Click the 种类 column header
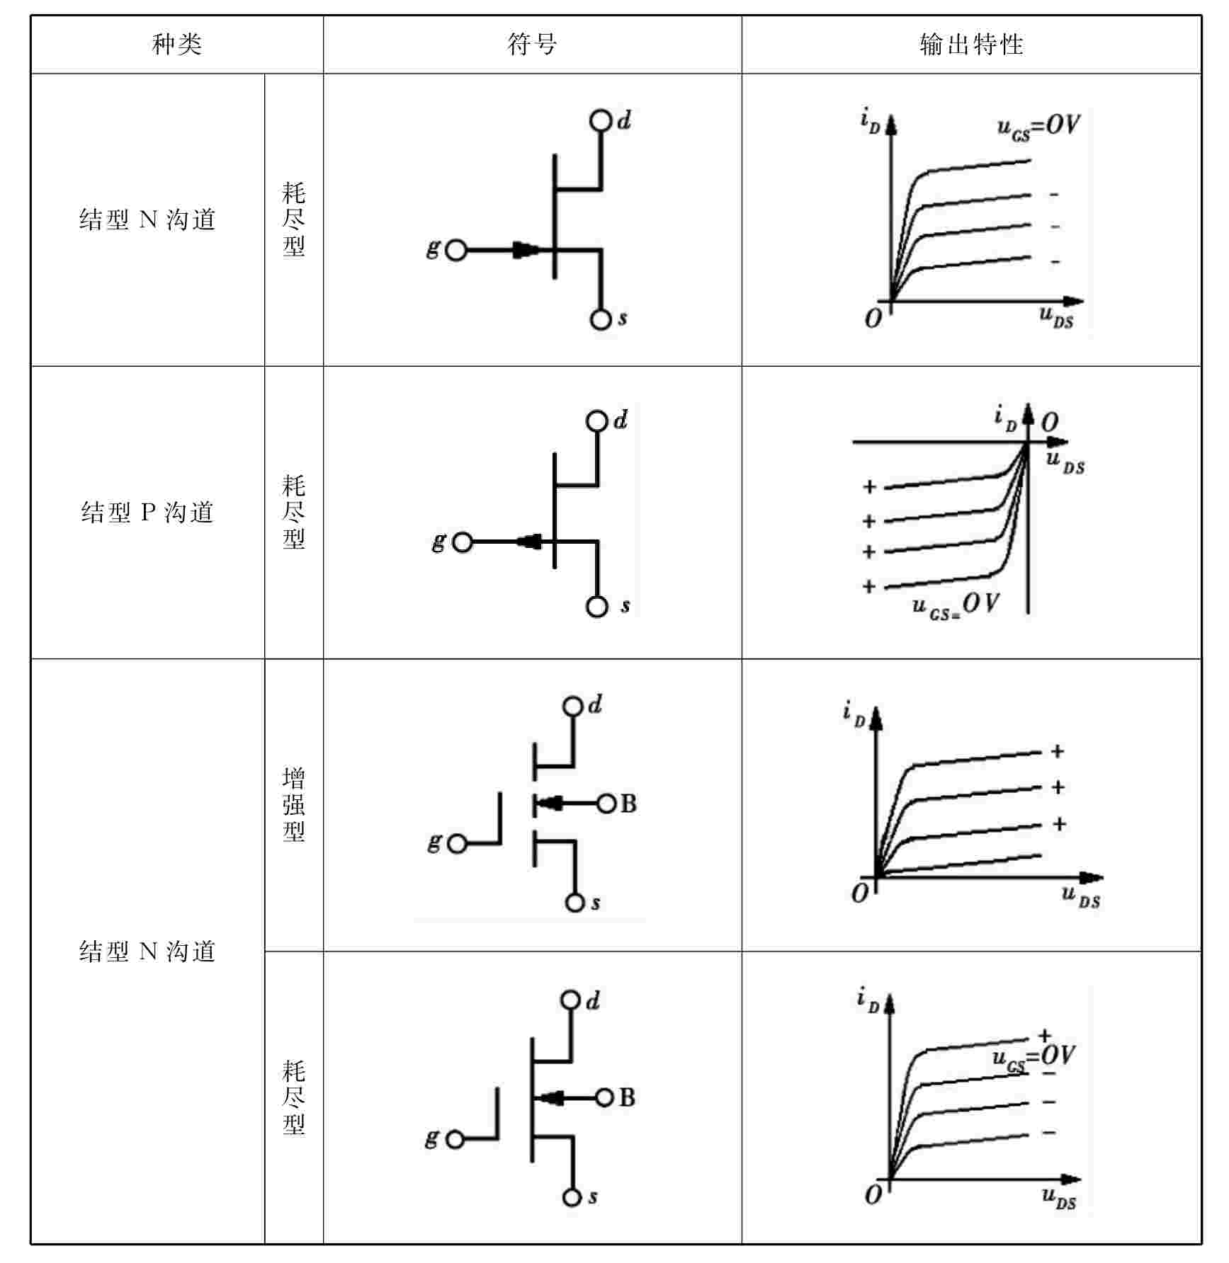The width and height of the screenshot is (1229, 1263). [177, 45]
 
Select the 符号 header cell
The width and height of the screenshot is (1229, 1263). [532, 45]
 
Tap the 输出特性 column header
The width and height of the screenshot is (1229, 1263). [971, 45]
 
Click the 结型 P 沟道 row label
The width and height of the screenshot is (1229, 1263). [147, 512]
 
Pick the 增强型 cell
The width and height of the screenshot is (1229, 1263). [294, 804]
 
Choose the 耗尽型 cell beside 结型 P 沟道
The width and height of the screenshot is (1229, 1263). [294, 512]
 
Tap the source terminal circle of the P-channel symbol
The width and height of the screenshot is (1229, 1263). [597, 607]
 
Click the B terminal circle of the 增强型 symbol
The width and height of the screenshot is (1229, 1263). [606, 804]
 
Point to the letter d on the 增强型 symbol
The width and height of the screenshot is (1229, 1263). [595, 704]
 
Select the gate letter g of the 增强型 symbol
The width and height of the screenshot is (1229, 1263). [434, 842]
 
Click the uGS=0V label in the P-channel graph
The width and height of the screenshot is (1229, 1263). [956, 606]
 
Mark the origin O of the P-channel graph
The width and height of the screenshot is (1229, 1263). [1050, 423]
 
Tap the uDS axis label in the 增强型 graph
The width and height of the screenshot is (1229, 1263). [1081, 897]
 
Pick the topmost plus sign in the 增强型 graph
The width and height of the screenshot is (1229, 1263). [1058, 751]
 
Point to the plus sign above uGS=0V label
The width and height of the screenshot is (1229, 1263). [1044, 1036]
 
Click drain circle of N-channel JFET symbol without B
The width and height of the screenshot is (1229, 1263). [600, 121]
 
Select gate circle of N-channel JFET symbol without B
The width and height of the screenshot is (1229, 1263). [456, 250]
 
